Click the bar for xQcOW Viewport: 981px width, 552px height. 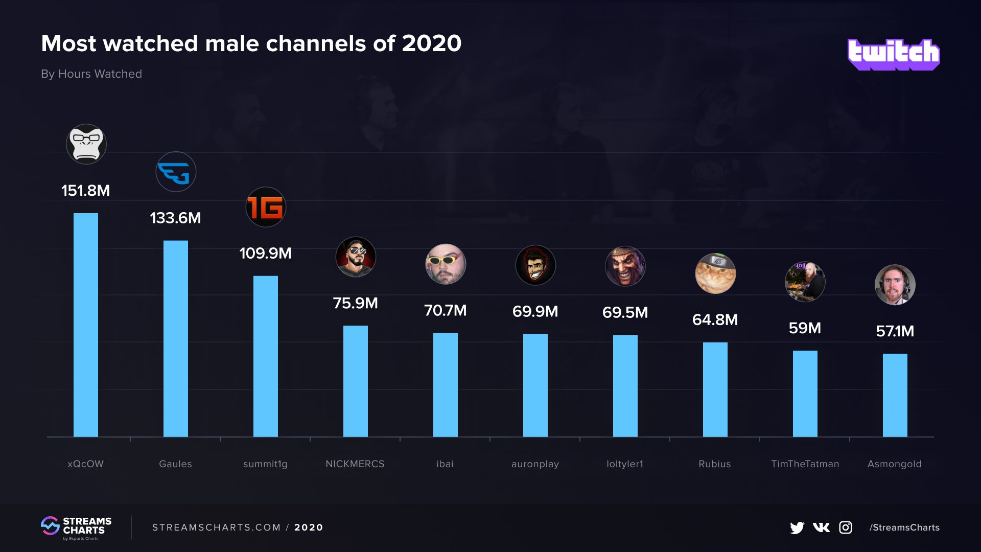tap(86, 325)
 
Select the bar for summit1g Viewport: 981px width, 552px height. tap(266, 356)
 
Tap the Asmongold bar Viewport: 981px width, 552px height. tap(895, 395)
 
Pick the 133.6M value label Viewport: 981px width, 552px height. tap(175, 218)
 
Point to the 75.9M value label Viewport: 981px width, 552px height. tap(355, 303)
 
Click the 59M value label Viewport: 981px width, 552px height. tap(805, 328)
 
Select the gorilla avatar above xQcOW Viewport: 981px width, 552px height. tap(86, 144)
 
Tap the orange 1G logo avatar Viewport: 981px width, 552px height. tap(266, 207)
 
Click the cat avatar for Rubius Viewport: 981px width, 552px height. tap(715, 273)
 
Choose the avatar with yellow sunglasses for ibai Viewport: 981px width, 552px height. tap(446, 264)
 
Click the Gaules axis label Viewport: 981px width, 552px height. tap(175, 464)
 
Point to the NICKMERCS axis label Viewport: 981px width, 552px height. tap(355, 464)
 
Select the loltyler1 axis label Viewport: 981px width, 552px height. tap(625, 464)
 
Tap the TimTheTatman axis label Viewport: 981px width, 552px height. tap(805, 464)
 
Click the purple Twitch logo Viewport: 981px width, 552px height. tap(893, 54)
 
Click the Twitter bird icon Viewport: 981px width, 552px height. tap(797, 527)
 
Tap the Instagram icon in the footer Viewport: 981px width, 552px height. tap(846, 527)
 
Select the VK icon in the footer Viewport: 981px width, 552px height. tap(821, 527)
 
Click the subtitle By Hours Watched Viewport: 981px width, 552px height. tap(91, 74)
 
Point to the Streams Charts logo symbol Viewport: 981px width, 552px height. tap(50, 526)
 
